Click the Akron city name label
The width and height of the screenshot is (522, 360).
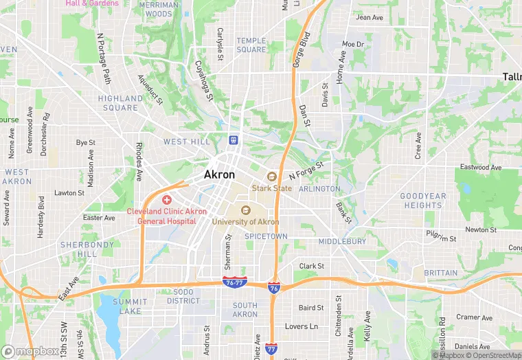[219, 175]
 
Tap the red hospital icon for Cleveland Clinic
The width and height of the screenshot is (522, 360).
[167, 199]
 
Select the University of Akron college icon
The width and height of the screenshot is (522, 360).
[245, 210]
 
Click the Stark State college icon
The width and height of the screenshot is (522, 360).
[271, 177]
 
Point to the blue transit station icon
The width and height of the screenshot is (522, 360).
[234, 139]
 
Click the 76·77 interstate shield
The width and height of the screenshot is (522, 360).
[234, 282]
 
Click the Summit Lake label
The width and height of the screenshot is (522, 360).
[130, 306]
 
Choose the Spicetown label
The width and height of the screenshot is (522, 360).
[266, 236]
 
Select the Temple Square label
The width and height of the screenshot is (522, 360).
[251, 45]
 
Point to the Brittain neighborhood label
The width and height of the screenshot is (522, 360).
[440, 273]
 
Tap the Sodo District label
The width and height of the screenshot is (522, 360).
[183, 296]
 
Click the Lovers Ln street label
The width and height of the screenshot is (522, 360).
[302, 326]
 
